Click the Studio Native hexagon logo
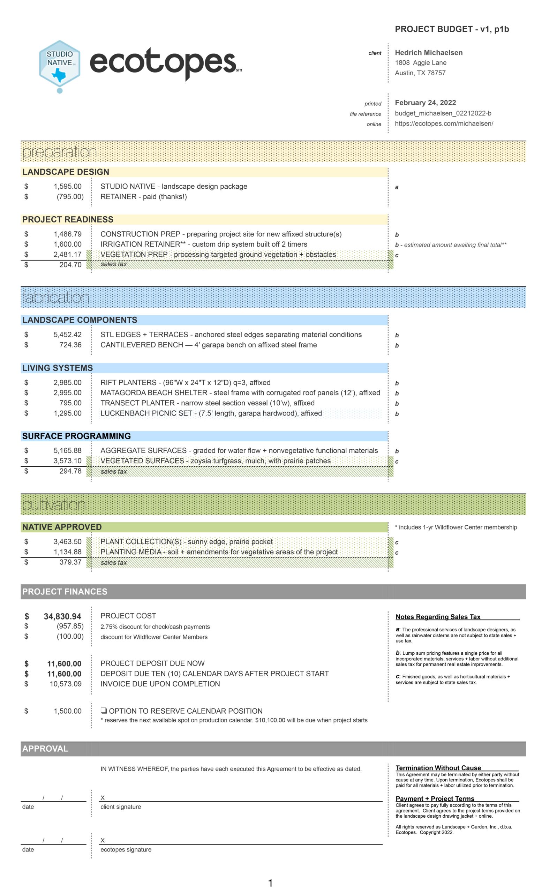pos(60,63)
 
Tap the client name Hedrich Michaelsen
pos(428,53)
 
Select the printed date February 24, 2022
pos(425,103)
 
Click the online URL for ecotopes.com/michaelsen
pos(443,123)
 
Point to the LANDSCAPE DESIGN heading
pos(66,172)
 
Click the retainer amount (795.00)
pos(70,197)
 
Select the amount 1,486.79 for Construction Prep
pos(67,234)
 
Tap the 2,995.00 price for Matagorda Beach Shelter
pos(67,393)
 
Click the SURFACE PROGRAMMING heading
pos(76,436)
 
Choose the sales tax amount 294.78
pos(70,471)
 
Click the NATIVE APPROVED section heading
pos(62,527)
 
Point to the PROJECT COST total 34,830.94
pos(62,616)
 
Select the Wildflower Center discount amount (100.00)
pos(70,636)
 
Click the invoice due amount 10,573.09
pos(66,684)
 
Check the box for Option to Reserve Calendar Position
pos(104,711)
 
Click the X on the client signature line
pos(103,798)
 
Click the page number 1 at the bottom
pos(270,883)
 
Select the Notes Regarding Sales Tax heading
pos(438,617)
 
